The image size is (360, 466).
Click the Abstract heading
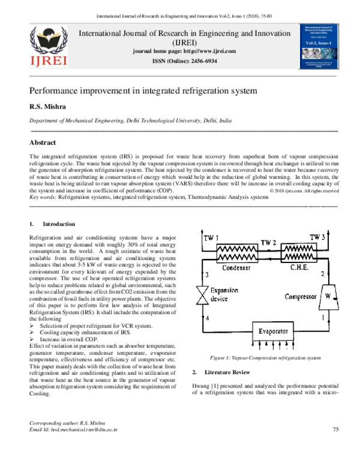pos(43,143)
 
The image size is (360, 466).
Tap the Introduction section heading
pos(62,224)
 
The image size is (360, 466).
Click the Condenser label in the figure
pos(235,268)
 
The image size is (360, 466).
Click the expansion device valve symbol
pos(198,295)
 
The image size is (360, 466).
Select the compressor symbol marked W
pos(327,296)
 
